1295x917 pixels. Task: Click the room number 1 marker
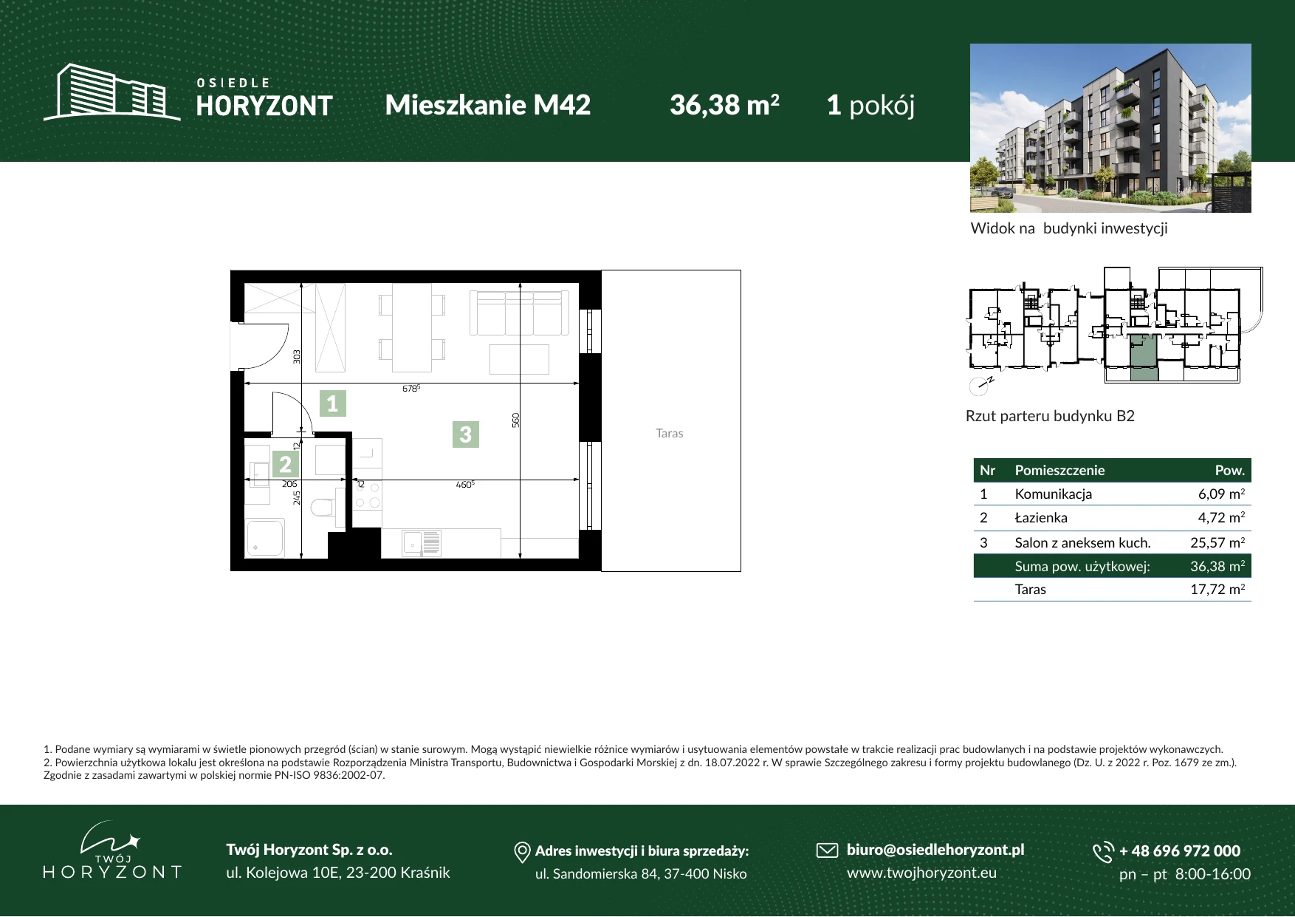tap(332, 403)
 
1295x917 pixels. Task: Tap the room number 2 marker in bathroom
tap(285, 464)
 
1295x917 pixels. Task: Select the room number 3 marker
tap(465, 434)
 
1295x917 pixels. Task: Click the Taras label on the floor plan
tap(670, 433)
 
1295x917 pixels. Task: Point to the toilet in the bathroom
tap(323, 508)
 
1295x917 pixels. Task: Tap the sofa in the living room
tap(519, 313)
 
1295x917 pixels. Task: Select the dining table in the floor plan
tap(412, 327)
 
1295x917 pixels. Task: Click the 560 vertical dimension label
tap(516, 420)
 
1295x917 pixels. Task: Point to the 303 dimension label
tap(297, 356)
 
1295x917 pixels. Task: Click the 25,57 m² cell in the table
tap(1217, 542)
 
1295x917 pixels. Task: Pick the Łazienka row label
tap(1041, 517)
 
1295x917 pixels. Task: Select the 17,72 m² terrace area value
tap(1217, 589)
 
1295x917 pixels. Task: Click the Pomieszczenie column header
tap(1059, 470)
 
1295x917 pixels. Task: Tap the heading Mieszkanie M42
tap(488, 105)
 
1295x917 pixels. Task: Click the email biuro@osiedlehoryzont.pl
tap(935, 850)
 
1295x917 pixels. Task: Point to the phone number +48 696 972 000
tap(1180, 850)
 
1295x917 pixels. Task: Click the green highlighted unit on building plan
tap(1144, 358)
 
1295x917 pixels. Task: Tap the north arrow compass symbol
tap(980, 385)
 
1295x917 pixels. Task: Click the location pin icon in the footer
tap(522, 852)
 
